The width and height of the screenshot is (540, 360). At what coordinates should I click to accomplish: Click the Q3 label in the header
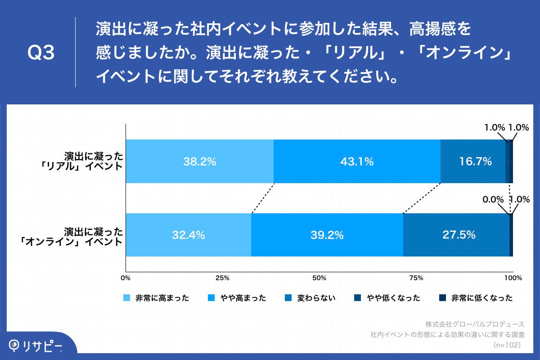click(41, 53)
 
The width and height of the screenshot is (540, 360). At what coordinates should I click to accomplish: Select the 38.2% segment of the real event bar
click(199, 162)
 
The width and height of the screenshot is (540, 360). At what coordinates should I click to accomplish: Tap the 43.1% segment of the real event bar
click(357, 162)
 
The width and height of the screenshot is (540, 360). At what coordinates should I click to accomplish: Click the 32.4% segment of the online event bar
click(188, 235)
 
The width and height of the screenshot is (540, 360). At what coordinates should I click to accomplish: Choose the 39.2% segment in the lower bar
click(327, 235)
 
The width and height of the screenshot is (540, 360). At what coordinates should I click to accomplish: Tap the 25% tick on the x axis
click(222, 278)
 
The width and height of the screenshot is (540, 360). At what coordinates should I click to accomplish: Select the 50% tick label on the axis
click(319, 278)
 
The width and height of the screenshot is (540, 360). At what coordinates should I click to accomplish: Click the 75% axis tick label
click(416, 278)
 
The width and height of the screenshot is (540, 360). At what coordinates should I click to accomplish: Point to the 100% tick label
click(513, 278)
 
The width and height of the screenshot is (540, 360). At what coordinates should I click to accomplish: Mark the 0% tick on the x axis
click(126, 278)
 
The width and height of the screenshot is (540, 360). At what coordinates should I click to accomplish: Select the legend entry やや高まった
click(237, 298)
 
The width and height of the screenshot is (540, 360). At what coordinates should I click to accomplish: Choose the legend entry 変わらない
click(310, 298)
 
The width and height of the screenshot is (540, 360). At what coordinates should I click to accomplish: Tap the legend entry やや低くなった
click(387, 298)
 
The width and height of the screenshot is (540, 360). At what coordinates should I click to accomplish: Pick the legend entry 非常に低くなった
click(475, 298)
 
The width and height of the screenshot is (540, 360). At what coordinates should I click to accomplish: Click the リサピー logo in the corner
click(36, 346)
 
